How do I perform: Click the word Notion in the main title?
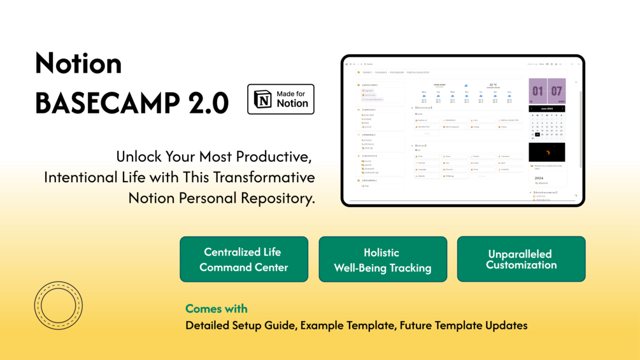point(78,63)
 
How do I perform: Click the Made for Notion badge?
point(280,99)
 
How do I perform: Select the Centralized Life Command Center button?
point(244,259)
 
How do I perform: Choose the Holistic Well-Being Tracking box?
point(383,260)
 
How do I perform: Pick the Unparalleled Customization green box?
point(521,259)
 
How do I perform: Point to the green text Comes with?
point(217,309)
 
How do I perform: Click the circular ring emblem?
point(59,305)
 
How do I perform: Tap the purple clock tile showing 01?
point(538,91)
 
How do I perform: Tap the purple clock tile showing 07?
point(557,91)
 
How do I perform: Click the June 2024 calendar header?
point(546,109)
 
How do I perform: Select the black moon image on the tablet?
point(546,152)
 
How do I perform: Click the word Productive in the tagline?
point(277,156)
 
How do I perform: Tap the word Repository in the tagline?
point(278,198)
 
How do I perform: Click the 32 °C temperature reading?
point(494,85)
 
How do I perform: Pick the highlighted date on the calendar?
point(537,134)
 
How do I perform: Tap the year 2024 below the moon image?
point(539,178)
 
